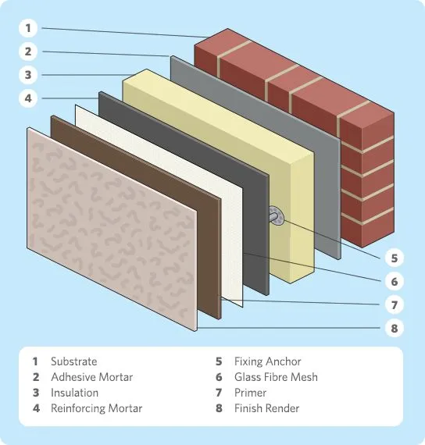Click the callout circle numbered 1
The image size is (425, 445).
click(x=28, y=28)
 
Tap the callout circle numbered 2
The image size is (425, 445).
click(x=28, y=52)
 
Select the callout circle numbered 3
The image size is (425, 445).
click(x=28, y=75)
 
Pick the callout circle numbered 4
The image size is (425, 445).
click(x=28, y=98)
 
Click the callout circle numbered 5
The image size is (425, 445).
click(x=394, y=257)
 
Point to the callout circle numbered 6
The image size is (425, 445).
click(x=394, y=281)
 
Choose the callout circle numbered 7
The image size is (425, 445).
click(x=394, y=304)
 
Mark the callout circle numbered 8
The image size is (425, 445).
click(x=394, y=328)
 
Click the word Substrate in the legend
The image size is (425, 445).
click(x=73, y=361)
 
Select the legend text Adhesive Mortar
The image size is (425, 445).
click(x=91, y=377)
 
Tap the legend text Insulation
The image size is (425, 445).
click(x=74, y=393)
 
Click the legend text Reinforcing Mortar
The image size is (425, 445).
click(x=96, y=408)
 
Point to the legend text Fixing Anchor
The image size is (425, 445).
click(x=267, y=361)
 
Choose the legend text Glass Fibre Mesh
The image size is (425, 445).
click(x=276, y=377)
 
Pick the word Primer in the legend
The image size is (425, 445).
click(x=250, y=393)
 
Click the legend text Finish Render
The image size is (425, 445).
click(x=266, y=408)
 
